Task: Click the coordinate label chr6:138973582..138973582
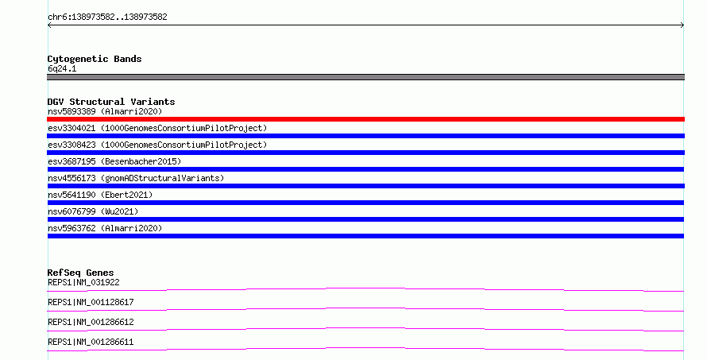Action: coord(107,17)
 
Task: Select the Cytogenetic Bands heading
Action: coord(95,59)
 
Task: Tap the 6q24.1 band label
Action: coord(62,68)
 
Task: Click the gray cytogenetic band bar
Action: coord(365,77)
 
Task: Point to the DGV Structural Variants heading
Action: coord(111,102)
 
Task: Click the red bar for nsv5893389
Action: coord(365,119)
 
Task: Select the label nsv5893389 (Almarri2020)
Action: coord(105,111)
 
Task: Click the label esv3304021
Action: coord(71,128)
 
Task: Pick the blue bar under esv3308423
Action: coord(365,153)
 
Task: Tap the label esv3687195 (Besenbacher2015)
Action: coord(114,161)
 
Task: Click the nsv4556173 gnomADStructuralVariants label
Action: coord(136,178)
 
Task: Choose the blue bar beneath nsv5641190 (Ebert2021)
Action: coord(365,203)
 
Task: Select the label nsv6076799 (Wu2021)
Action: coord(93,211)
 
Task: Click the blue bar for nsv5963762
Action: coord(365,236)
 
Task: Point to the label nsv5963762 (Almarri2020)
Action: coord(105,228)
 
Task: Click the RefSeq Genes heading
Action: coord(80,273)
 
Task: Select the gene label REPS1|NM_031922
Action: coord(83,282)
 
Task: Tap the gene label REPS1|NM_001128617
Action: coord(91,302)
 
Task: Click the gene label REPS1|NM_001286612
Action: coord(91,322)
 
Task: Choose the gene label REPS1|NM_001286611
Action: coord(91,342)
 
